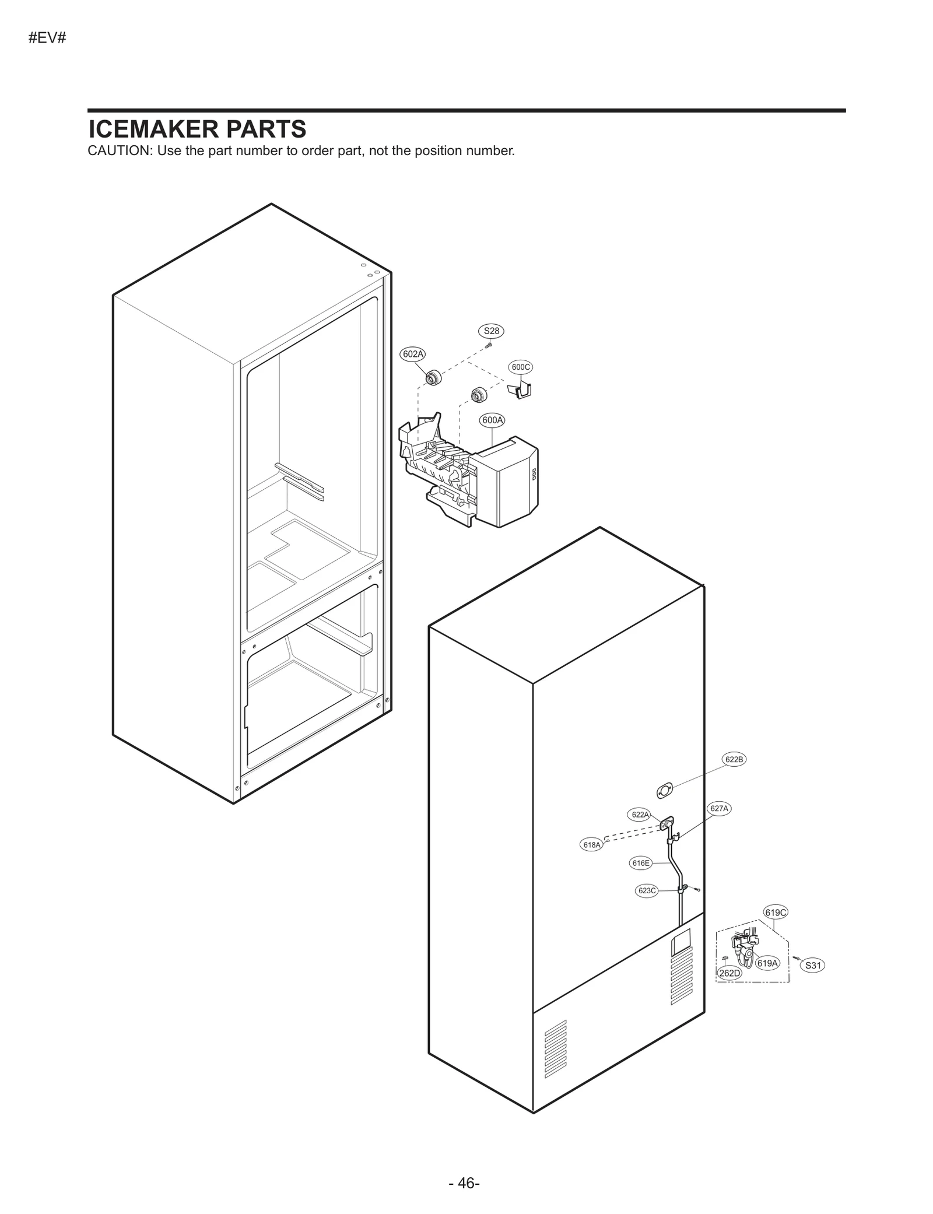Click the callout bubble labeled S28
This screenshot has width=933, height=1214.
pos(492,331)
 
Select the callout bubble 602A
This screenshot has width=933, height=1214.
pos(413,354)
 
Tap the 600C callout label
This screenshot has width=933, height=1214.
pos(521,367)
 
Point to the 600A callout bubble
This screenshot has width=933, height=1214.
pos(492,420)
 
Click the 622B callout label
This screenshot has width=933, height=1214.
pos(734,759)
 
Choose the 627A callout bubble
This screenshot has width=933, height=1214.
pos(719,809)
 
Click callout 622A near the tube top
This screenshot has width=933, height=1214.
pos(640,815)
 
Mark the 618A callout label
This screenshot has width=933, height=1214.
pos(592,845)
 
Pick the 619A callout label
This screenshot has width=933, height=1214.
pos(767,963)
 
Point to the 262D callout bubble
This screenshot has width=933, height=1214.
pos(729,973)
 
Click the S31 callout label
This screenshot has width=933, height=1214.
pos(813,966)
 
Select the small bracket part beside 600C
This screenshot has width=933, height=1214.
pos(520,390)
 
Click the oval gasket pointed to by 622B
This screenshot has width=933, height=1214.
pos(664,791)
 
